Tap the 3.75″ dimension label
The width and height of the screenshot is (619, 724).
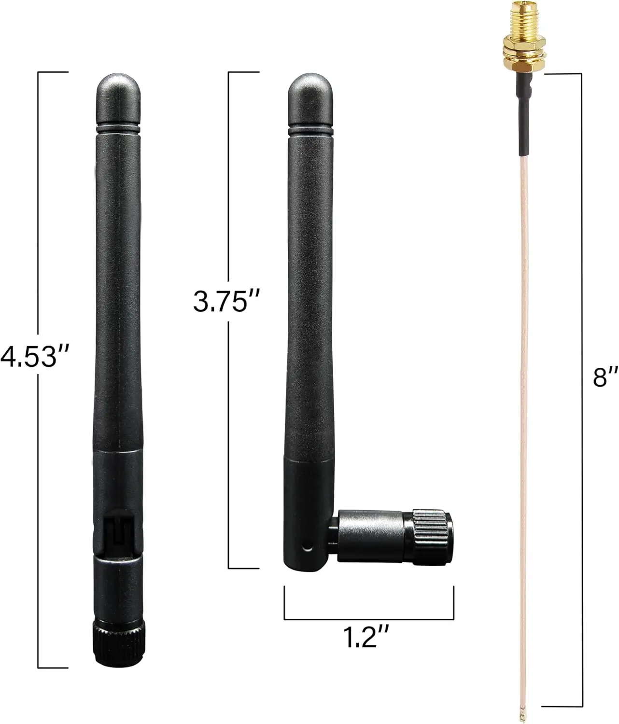click(226, 301)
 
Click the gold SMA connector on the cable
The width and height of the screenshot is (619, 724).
click(524, 38)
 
